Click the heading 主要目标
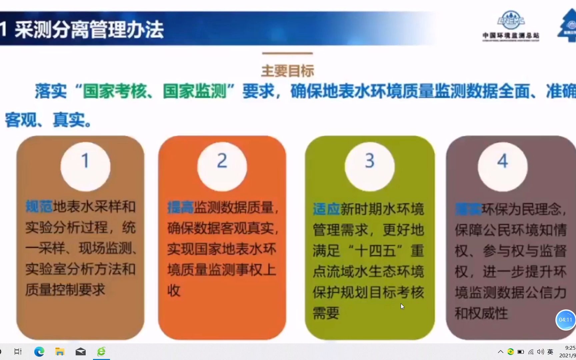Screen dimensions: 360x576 (x=287, y=71)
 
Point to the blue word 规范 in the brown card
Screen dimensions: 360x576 (x=39, y=207)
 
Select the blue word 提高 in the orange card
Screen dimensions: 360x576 (x=180, y=207)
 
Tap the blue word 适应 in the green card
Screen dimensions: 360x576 (x=326, y=209)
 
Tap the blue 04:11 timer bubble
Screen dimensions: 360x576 (x=565, y=320)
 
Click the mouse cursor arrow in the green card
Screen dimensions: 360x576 (x=402, y=306)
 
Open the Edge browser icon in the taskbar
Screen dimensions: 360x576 (x=39, y=352)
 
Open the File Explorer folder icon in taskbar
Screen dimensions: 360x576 (x=60, y=352)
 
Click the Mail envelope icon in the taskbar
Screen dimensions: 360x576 (x=81, y=352)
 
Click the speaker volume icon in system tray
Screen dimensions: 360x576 (x=540, y=352)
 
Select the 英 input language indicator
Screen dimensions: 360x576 (x=550, y=352)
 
